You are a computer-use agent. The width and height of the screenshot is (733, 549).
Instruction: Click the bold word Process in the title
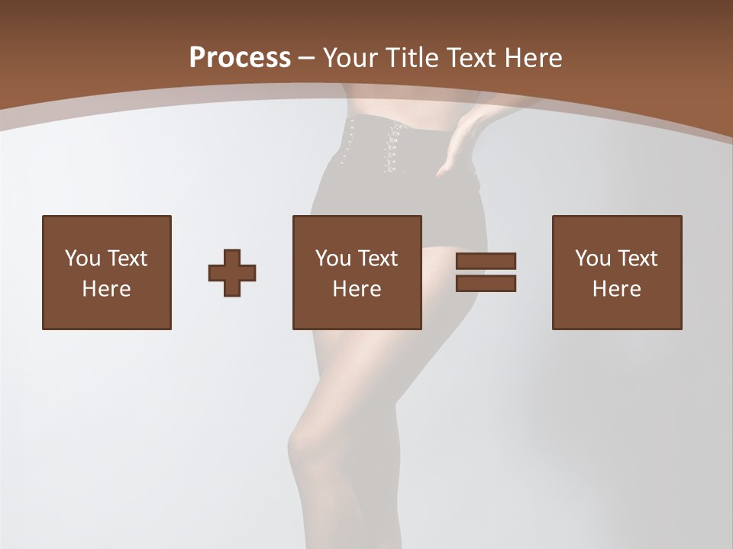(x=240, y=57)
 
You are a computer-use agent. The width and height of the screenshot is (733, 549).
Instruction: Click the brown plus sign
(x=232, y=272)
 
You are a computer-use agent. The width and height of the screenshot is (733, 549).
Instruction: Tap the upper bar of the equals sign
(x=486, y=261)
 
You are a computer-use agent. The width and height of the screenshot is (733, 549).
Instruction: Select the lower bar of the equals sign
(x=486, y=283)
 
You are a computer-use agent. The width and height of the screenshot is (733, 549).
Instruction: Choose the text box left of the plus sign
(x=106, y=272)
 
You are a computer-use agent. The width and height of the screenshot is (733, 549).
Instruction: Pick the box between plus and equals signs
(x=357, y=272)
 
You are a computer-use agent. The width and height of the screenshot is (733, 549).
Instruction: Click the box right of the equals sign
(x=616, y=272)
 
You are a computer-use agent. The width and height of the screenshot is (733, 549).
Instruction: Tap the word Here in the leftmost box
(x=106, y=289)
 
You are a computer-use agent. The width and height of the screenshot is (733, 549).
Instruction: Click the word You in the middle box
(x=333, y=258)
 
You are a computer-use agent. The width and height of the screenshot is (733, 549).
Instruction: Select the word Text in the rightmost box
(x=638, y=258)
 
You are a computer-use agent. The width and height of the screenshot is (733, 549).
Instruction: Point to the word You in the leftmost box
(x=82, y=258)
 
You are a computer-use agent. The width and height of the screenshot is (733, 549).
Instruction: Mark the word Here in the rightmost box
(x=616, y=289)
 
